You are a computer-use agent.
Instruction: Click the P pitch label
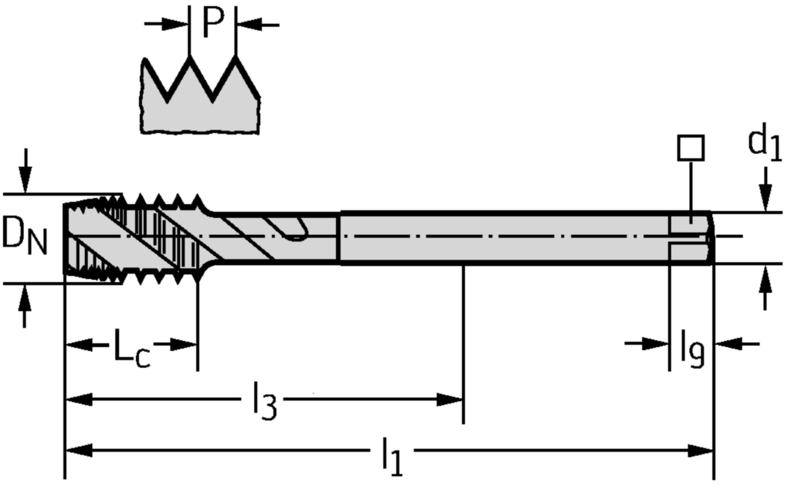pyautogui.click(x=212, y=23)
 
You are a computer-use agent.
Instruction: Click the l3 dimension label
pyautogui.click(x=263, y=404)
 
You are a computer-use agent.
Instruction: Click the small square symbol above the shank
pyautogui.click(x=691, y=148)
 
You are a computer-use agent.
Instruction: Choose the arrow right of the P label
pyautogui.click(x=247, y=26)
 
